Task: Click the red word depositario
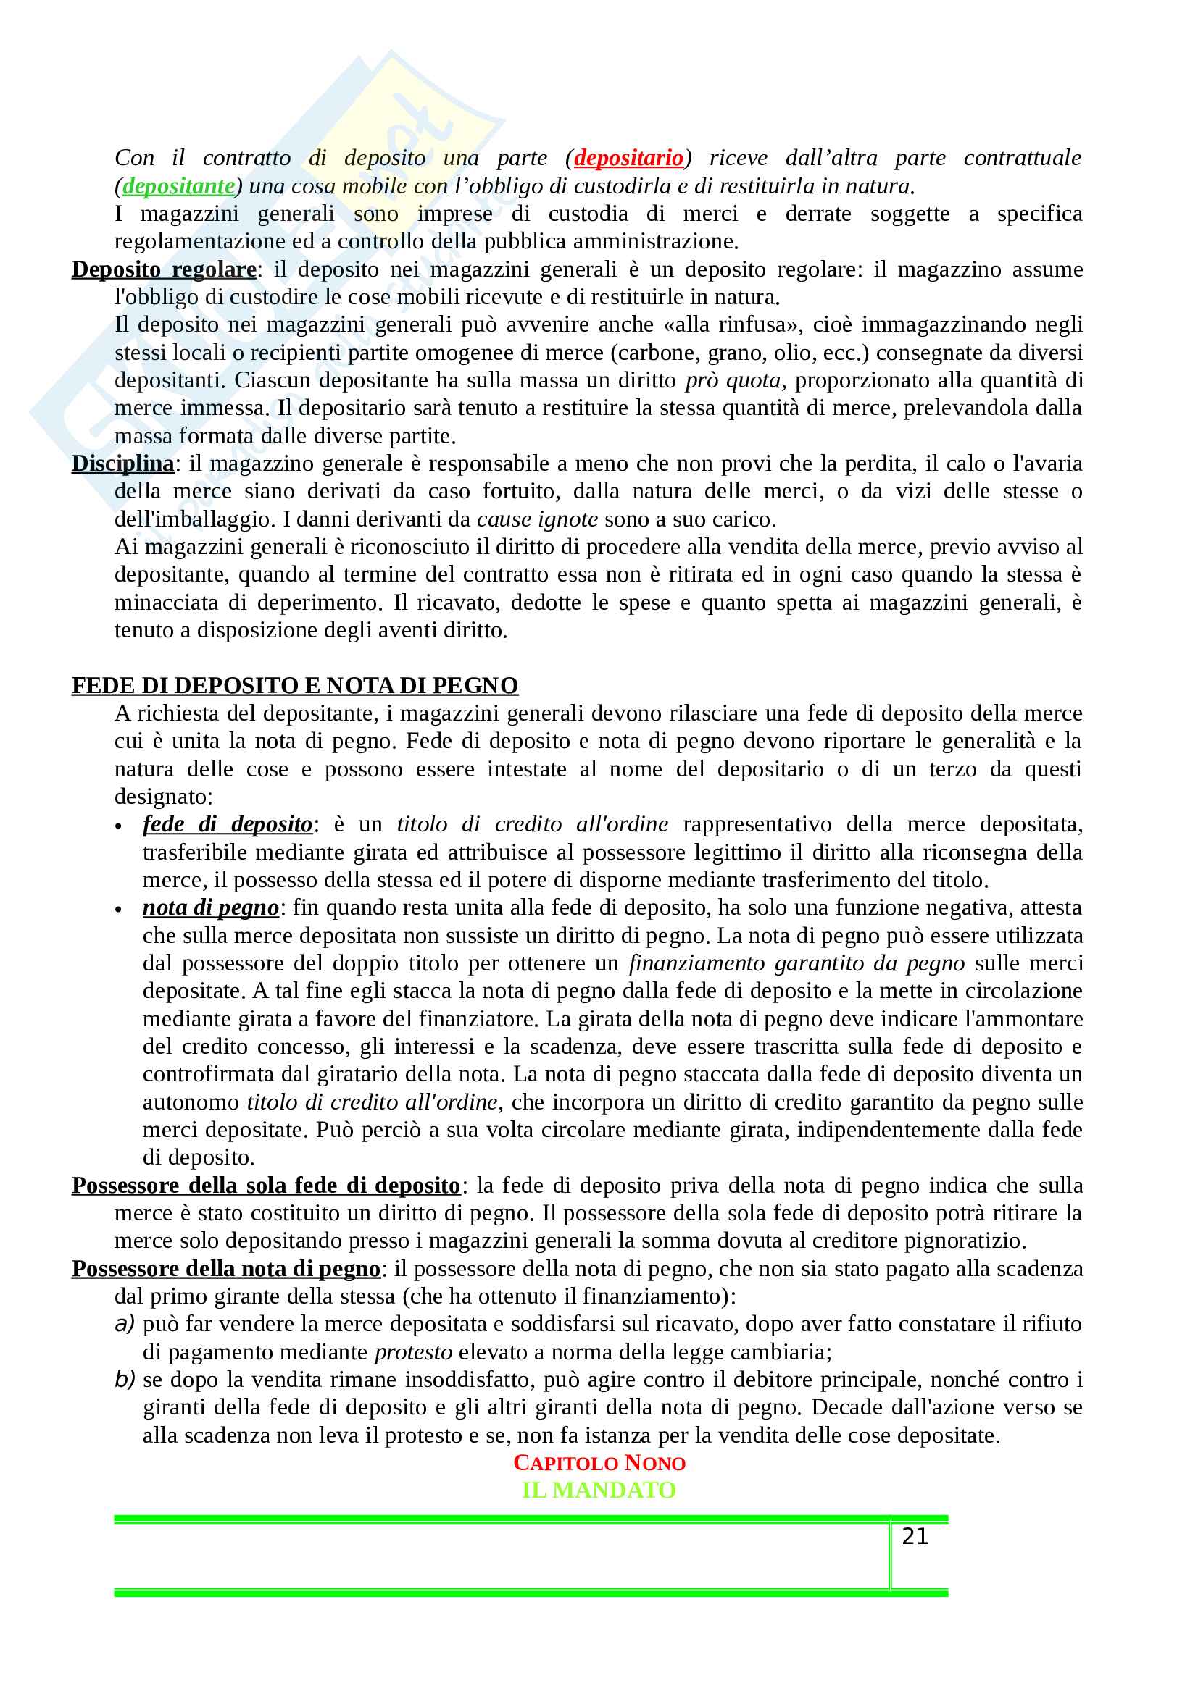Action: (629, 158)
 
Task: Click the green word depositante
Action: (178, 186)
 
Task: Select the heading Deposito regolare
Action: (164, 269)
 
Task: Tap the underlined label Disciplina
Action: (122, 464)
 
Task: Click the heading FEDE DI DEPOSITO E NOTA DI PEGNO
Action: (294, 685)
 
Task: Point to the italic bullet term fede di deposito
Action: (228, 824)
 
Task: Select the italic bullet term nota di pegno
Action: (210, 907)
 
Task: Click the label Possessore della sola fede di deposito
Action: (266, 1186)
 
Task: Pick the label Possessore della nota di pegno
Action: (226, 1269)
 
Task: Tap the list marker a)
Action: (125, 1325)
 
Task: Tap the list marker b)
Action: (125, 1380)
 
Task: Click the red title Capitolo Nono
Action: (599, 1464)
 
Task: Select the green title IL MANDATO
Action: (599, 1490)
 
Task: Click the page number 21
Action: (915, 1536)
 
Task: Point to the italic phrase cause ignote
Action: (537, 519)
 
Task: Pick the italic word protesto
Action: (413, 1352)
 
